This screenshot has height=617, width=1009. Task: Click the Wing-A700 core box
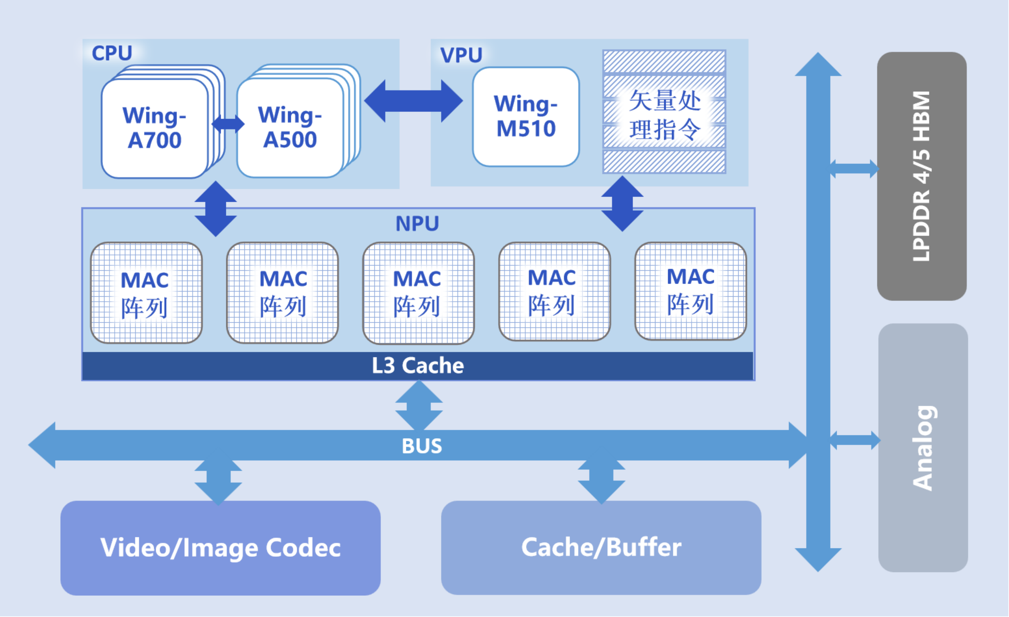pyautogui.click(x=155, y=128)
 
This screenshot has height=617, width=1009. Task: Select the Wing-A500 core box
pyautogui.click(x=290, y=128)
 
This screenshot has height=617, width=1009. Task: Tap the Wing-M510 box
pyautogui.click(x=526, y=117)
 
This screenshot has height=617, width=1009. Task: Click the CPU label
pyautogui.click(x=112, y=53)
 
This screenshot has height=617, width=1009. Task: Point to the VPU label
pyautogui.click(x=461, y=55)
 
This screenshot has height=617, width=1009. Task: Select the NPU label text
pyautogui.click(x=417, y=224)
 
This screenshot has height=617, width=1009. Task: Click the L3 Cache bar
pyautogui.click(x=418, y=366)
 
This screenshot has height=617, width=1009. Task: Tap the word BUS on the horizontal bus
pyautogui.click(x=422, y=446)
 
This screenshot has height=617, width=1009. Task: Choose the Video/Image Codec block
pyautogui.click(x=220, y=548)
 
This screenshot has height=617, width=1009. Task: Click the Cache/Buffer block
pyautogui.click(x=601, y=547)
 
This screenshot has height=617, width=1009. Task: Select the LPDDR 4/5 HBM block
pyautogui.click(x=922, y=176)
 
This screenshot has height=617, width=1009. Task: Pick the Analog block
pyautogui.click(x=923, y=448)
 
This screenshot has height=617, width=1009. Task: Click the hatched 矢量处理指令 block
pyautogui.click(x=664, y=112)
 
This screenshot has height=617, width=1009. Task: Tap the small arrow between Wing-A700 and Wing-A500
pyautogui.click(x=228, y=124)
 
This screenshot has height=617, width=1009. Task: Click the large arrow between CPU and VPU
pyautogui.click(x=413, y=101)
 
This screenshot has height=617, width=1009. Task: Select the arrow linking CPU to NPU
pyautogui.click(x=216, y=209)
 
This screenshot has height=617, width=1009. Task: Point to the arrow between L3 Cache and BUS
pyautogui.click(x=419, y=405)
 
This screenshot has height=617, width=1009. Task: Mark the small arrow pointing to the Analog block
pyautogui.click(x=855, y=440)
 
